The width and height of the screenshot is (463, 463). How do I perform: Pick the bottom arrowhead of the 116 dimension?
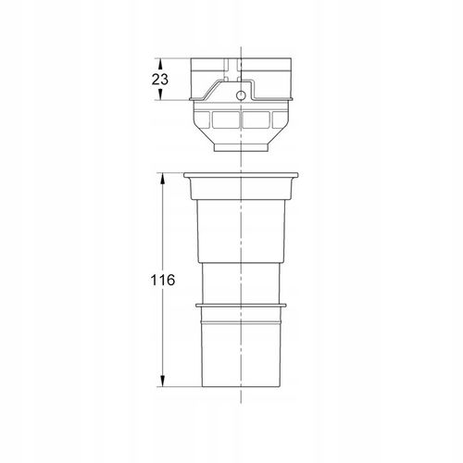coord(162,382)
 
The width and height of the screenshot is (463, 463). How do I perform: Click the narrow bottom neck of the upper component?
coord(240,146)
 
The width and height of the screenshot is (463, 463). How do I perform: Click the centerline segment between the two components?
coord(240,162)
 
